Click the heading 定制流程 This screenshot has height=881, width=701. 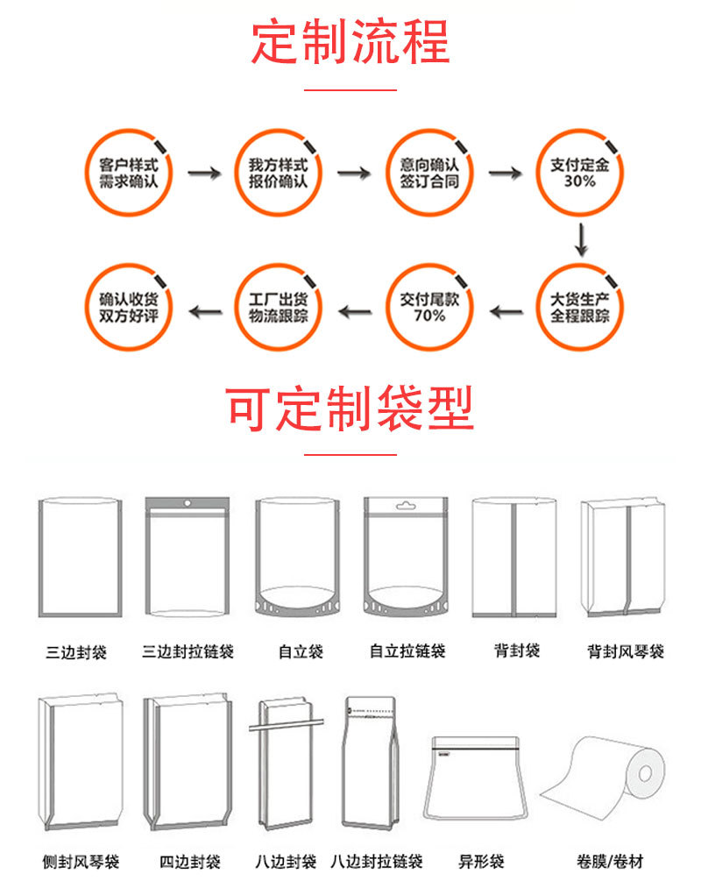pos(350,41)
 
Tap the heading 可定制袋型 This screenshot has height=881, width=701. pos(350,408)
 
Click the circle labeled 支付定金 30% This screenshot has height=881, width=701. pos(579,173)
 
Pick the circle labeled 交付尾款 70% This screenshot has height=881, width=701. pos(429,307)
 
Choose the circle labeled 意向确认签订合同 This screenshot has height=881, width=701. pos(429,173)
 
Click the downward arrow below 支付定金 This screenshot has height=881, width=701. pos(580,239)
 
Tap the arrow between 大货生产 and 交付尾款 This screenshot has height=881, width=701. pos(506,309)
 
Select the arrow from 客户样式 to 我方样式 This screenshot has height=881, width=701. pos(204,174)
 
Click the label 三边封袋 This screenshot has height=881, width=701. pos(76,652)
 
